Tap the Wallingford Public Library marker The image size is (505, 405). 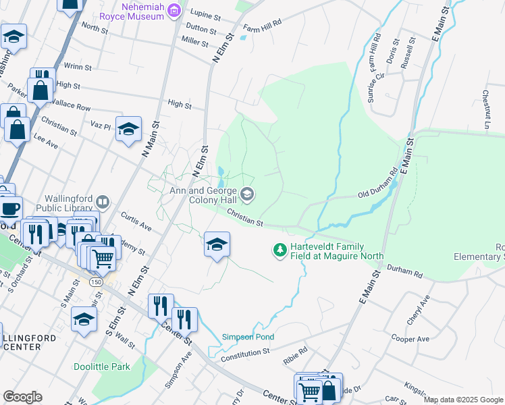click(x=103, y=201)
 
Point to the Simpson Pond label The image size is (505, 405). click(x=248, y=337)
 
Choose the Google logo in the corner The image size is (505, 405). click(x=22, y=397)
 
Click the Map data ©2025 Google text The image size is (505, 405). click(x=462, y=400)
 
